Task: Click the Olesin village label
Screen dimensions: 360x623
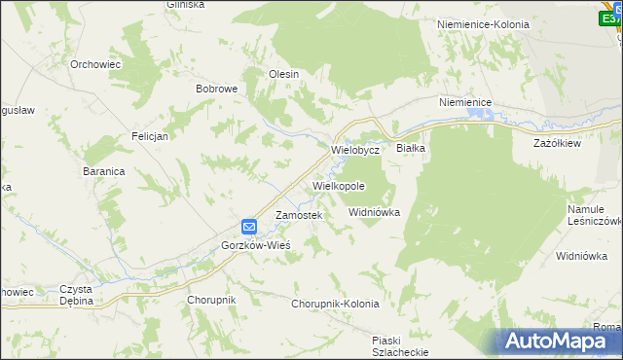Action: [x=283, y=74]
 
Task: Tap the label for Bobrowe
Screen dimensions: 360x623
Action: [x=217, y=89]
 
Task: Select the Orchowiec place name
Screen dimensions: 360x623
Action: [x=94, y=64]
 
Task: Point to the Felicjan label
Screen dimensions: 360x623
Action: [x=150, y=136]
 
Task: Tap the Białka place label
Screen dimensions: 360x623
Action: [x=411, y=148]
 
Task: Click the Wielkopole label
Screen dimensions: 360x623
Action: [x=339, y=185]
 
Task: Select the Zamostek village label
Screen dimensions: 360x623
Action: [x=298, y=215]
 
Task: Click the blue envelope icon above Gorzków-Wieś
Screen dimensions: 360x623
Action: [x=249, y=227]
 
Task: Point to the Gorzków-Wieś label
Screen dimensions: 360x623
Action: [x=257, y=245]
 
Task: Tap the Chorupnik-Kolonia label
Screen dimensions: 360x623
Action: [x=335, y=304]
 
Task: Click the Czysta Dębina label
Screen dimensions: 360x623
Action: [x=76, y=295]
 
